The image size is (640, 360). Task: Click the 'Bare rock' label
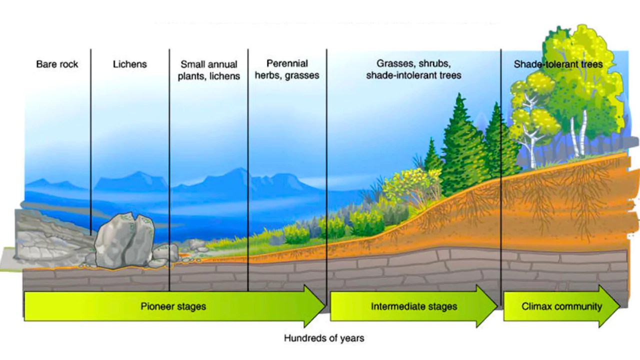57,64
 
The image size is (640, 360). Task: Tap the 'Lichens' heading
129,64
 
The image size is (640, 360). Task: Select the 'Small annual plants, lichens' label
208,70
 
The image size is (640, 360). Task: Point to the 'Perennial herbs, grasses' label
287,69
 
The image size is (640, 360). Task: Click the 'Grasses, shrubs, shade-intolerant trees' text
413,69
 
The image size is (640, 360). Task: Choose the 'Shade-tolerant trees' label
558,64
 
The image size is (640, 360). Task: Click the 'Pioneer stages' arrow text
173,306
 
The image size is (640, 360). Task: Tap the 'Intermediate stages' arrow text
413,306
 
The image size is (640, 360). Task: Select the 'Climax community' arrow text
561,306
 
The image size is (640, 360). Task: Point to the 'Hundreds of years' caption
324,338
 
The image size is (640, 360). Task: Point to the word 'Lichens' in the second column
129,64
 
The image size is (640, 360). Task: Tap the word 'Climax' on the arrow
536,306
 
